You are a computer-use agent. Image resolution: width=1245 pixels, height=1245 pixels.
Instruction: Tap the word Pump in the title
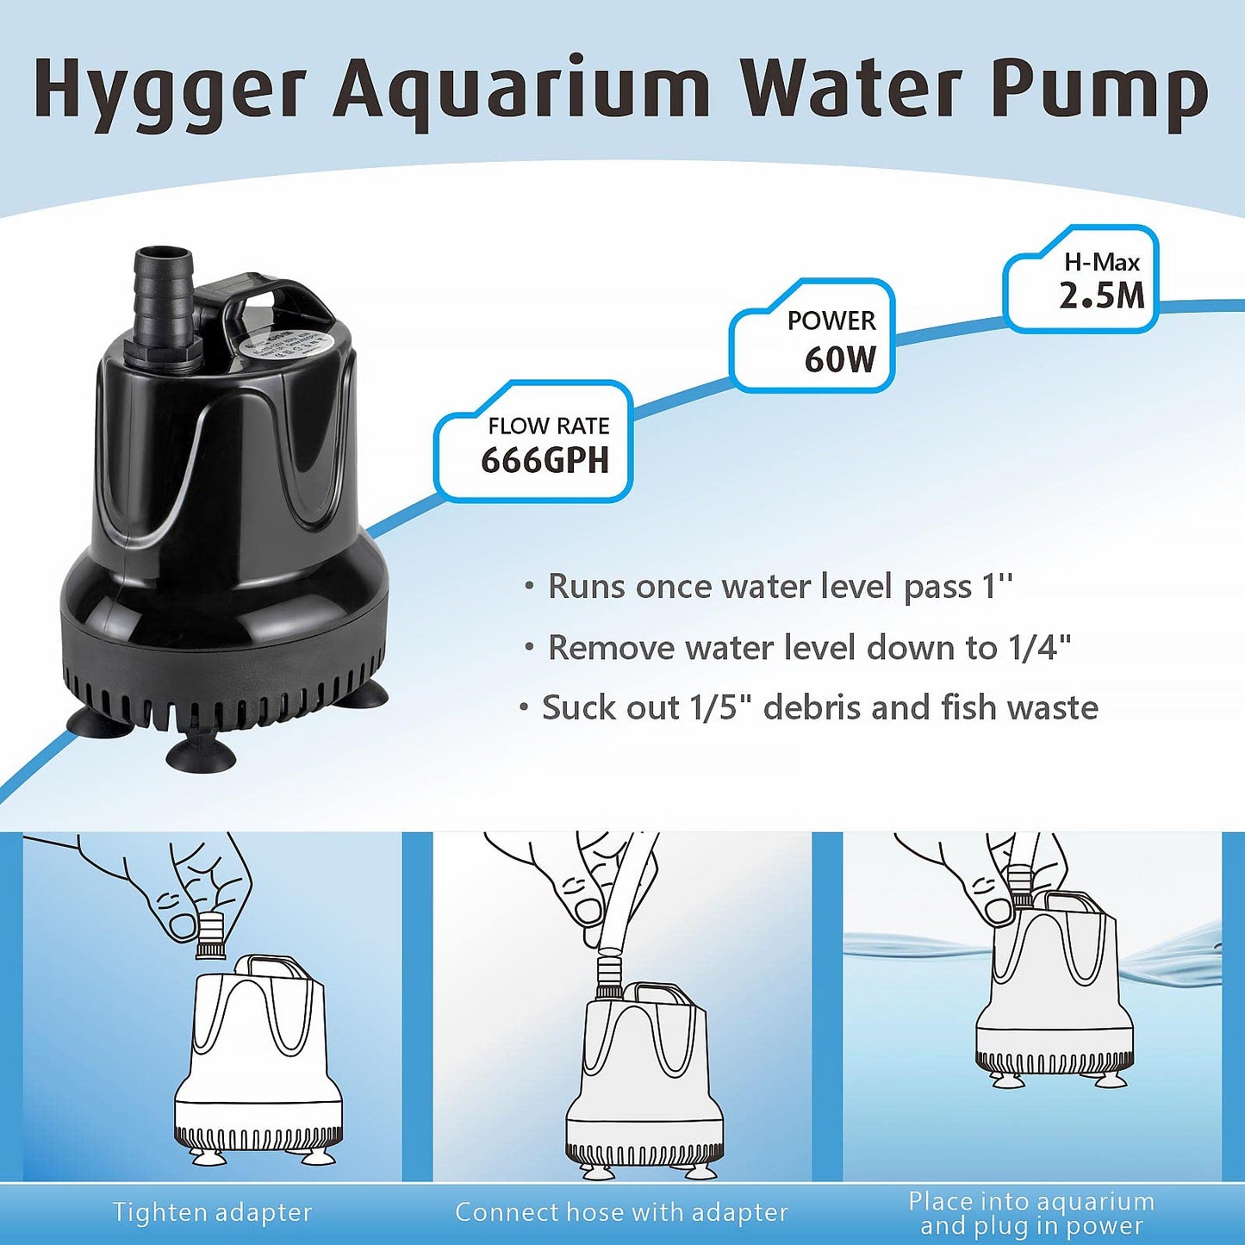[1099, 90]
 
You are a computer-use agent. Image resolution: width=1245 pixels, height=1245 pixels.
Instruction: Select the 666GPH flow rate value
[545, 461]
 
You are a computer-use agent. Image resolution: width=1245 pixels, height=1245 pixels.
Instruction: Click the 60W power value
[840, 359]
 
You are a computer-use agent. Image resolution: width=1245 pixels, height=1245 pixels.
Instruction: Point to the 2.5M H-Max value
[1102, 296]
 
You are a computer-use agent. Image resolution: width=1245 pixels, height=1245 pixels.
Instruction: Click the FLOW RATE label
[548, 426]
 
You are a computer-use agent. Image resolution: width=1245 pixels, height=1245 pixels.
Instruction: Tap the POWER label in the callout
[831, 321]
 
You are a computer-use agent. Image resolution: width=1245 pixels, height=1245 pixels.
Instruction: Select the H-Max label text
[1101, 262]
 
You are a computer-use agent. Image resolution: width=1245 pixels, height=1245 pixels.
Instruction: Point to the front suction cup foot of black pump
[200, 755]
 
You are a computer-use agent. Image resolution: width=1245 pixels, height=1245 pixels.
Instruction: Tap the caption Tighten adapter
[212, 1212]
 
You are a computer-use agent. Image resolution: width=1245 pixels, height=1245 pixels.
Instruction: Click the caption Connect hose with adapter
[621, 1212]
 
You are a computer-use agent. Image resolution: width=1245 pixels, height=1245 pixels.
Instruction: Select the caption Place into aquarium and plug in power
[1031, 1213]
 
